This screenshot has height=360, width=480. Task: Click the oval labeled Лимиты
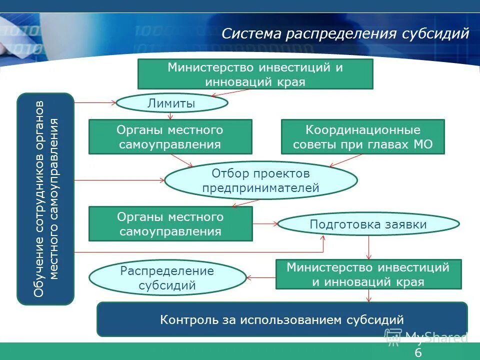[x=171, y=103]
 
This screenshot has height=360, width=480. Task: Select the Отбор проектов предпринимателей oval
[x=261, y=180]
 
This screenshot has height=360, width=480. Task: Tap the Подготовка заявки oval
[x=368, y=224]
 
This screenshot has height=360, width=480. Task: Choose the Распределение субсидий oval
[x=167, y=278]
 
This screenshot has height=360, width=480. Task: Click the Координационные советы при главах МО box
[x=362, y=136]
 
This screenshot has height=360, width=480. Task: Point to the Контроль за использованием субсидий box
[x=281, y=319]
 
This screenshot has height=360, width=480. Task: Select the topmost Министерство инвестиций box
[x=255, y=74]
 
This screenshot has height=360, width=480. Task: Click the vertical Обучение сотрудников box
[x=45, y=198]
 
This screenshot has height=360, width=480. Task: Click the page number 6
[x=418, y=353]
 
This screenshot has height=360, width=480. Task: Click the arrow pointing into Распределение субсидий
[x=261, y=277]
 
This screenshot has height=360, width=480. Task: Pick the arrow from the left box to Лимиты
[x=95, y=103]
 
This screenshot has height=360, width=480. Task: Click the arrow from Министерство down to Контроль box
[x=369, y=295]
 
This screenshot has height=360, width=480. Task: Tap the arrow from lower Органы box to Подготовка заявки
[x=265, y=224]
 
